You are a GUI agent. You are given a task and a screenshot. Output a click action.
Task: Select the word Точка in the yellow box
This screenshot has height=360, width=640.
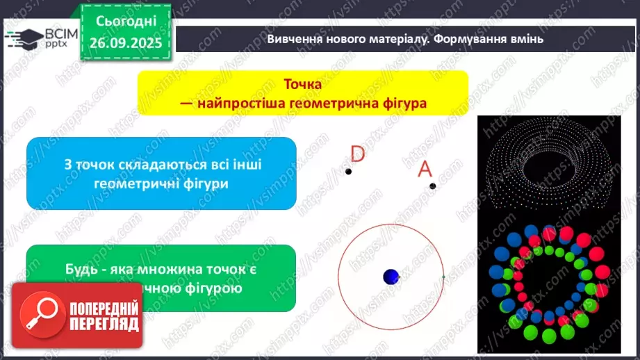(302, 84)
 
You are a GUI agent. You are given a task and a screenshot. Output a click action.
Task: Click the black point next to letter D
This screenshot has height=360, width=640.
(348, 172)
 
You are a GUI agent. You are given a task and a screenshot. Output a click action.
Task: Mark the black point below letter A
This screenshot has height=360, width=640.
(432, 186)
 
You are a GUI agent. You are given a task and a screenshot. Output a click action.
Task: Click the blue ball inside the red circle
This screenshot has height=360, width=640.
(391, 277)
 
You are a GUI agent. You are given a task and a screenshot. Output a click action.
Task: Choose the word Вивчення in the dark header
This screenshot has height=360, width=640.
(295, 39)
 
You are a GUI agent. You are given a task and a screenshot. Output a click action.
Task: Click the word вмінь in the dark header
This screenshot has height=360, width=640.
(527, 39)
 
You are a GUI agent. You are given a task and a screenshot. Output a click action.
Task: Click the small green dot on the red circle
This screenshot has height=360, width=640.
(443, 277)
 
